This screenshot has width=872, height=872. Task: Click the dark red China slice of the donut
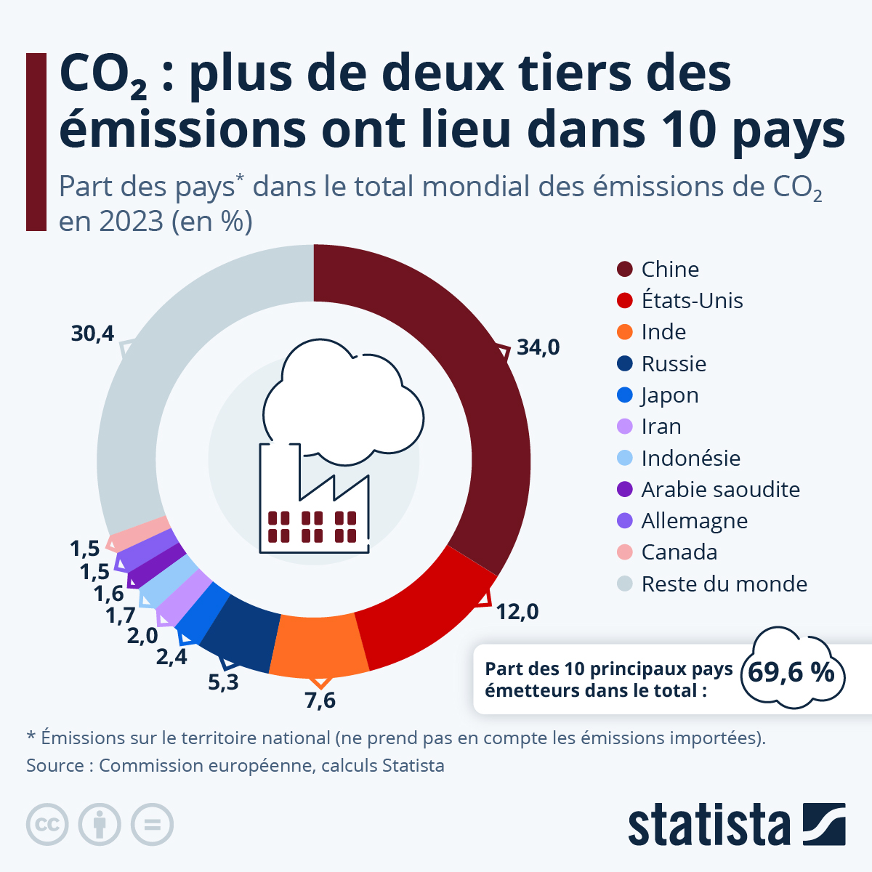(465, 378)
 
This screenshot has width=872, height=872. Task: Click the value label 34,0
(538, 347)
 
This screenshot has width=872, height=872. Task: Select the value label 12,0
(517, 612)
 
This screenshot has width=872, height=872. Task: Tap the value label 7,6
(320, 701)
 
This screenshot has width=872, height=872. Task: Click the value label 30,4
(92, 334)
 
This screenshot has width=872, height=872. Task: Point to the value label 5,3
(223, 682)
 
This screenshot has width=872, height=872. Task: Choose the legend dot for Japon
(625, 395)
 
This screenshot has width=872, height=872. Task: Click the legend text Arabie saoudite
(720, 490)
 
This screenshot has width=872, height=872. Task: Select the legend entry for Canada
(679, 552)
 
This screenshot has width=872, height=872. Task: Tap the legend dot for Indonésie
(625, 458)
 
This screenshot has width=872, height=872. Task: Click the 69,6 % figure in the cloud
(791, 672)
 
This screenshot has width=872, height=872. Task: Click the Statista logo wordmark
(708, 825)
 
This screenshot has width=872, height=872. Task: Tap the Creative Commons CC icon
(47, 825)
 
